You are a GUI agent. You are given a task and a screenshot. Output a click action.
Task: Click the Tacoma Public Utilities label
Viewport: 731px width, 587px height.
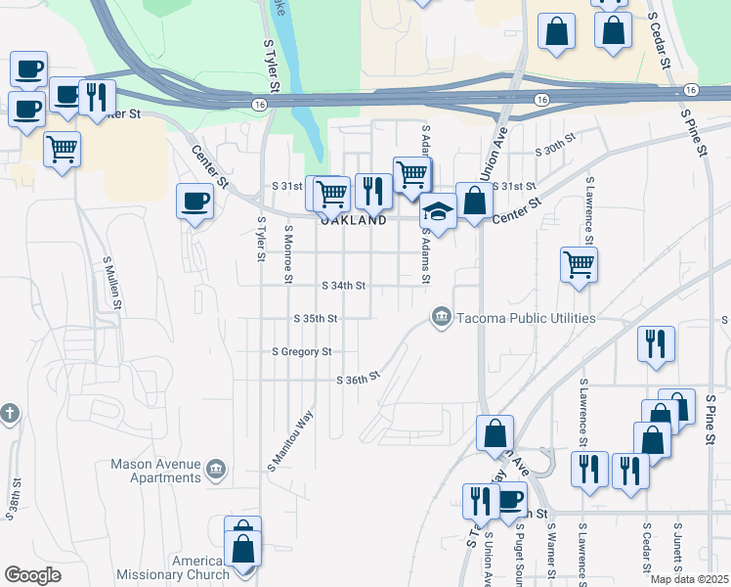pos(524,318)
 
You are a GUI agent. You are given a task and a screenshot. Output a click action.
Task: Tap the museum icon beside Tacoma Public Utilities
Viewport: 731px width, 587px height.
pos(441,316)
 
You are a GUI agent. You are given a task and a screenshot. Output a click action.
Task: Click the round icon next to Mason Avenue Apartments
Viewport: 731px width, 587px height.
pos(217,471)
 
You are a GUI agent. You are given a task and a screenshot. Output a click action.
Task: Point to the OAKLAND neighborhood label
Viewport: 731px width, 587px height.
pos(353,221)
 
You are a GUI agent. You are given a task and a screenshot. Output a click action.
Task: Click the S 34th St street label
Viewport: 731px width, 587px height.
pos(343,286)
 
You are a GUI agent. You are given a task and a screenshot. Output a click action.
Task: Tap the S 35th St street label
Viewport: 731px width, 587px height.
pos(316,319)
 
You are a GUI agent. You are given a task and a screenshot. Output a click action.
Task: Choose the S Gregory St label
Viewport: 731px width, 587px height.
pos(302,351)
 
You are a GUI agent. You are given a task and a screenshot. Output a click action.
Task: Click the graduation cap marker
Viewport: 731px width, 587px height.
pos(438,211)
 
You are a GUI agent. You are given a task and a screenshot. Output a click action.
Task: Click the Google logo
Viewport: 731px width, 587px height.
pos(32,575)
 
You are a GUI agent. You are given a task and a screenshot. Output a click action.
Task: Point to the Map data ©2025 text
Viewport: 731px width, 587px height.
pos(689,579)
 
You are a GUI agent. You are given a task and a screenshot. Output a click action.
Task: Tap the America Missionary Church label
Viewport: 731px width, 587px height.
pos(172,567)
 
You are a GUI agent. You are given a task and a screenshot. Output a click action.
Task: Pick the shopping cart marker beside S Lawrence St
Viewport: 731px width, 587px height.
pos(579,262)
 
